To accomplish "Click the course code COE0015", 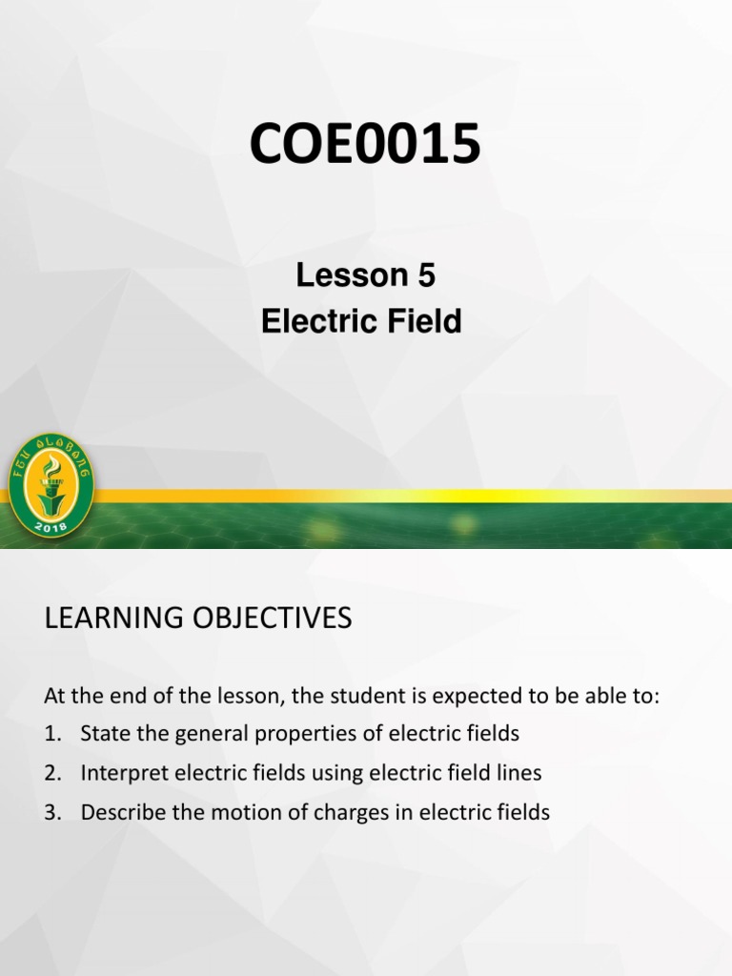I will pos(365,146).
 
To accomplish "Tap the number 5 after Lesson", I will pos(425,275).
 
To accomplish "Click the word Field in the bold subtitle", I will pos(426,322).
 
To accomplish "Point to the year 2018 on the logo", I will pos(51,525).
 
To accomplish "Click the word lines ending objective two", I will pos(520,774).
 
